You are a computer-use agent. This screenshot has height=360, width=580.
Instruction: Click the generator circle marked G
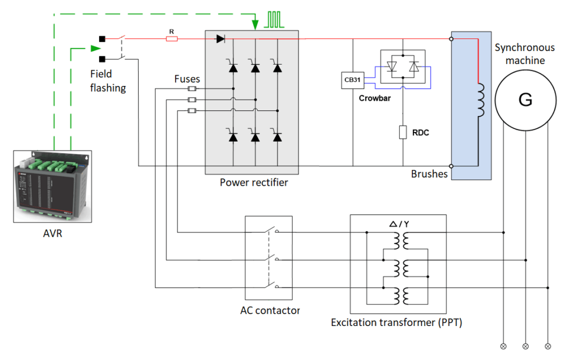point(525,100)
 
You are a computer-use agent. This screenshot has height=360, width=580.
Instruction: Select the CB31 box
point(352,80)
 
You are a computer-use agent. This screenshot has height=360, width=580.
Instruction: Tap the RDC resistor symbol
point(403,132)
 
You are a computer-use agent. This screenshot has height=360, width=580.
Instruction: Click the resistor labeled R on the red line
point(172,39)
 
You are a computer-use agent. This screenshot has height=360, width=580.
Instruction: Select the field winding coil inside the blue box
point(481,101)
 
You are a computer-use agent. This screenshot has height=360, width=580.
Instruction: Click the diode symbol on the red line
point(220,39)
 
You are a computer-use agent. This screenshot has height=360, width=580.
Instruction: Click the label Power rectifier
point(254,182)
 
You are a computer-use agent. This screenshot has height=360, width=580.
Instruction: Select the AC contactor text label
point(270,310)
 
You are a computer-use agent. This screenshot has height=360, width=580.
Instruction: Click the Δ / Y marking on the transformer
point(399,225)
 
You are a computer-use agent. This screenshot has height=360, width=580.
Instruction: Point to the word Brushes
point(429,174)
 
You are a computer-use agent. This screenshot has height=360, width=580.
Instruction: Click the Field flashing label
point(108,80)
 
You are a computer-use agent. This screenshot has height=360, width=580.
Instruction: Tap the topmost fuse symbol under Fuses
point(192,89)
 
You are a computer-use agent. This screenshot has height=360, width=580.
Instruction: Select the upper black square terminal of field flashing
point(102,39)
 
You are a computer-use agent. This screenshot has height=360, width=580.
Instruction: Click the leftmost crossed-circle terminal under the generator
point(503,345)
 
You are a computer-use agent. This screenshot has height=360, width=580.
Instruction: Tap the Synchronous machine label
point(524,54)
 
